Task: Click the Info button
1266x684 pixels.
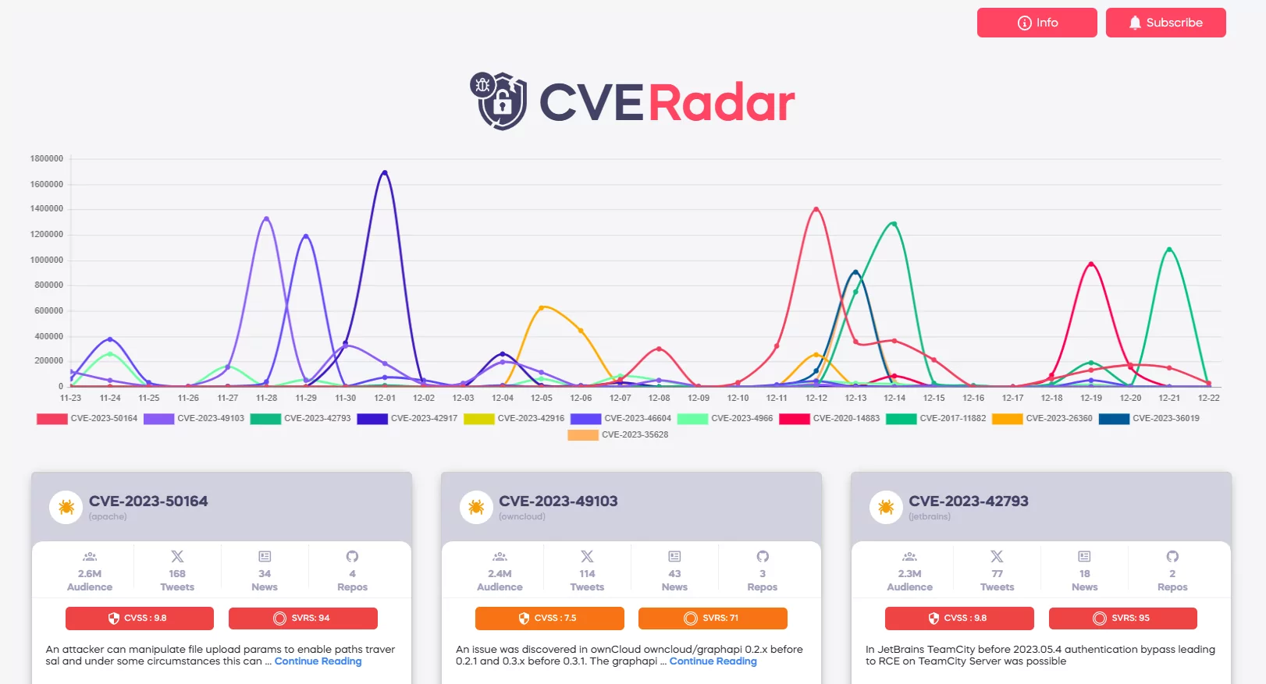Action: tap(1037, 23)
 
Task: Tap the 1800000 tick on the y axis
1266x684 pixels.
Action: tap(47, 158)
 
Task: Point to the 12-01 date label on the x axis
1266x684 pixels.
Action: tap(385, 398)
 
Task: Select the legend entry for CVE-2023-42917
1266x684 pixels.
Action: tap(407, 419)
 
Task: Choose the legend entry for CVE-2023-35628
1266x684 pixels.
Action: tap(618, 435)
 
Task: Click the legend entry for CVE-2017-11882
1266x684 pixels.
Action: tap(936, 419)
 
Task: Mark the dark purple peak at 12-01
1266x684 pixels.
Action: tap(384, 172)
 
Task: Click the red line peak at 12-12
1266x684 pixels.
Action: tap(816, 209)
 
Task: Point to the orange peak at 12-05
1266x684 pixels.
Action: tap(542, 307)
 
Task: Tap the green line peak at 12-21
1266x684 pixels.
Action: tap(1168, 249)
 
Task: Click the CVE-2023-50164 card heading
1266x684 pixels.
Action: tap(148, 501)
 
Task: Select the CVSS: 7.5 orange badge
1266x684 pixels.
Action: tap(549, 618)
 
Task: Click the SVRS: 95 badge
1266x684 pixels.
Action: tap(1122, 618)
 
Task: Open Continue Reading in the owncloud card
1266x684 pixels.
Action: tap(713, 661)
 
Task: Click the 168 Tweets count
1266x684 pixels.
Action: tap(177, 579)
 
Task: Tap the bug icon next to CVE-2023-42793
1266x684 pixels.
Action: tap(886, 508)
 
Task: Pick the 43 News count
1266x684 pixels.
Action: tap(674, 579)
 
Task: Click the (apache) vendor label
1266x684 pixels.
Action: tap(108, 517)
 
